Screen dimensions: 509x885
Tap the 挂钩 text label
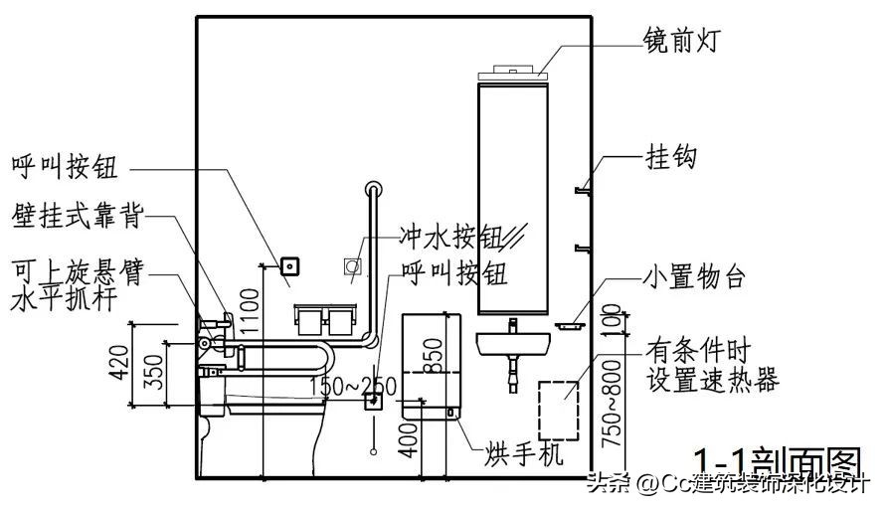(671, 157)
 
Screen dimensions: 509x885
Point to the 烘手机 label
(525, 453)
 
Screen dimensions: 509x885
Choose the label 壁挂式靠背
(77, 216)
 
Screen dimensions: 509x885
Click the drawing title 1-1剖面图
(776, 464)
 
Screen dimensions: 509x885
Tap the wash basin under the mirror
(514, 344)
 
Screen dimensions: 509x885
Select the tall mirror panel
(513, 199)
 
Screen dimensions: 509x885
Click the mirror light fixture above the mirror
(513, 73)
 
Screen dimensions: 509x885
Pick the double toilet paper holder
(325, 318)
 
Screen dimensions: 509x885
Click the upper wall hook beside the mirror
(583, 186)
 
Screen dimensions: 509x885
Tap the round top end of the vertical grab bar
(373, 187)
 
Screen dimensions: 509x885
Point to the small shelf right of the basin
(570, 323)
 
